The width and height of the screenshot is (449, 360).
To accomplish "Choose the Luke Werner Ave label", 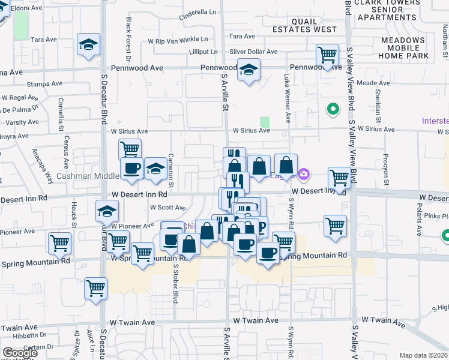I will pos(287,98).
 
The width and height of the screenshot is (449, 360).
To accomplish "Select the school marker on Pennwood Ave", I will pos(249,70).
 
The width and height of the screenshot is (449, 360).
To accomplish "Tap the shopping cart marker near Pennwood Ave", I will pos(328,55).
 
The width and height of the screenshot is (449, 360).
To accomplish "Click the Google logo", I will pos(20,353).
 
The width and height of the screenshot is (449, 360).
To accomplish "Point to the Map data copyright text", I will pos(423,355).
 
